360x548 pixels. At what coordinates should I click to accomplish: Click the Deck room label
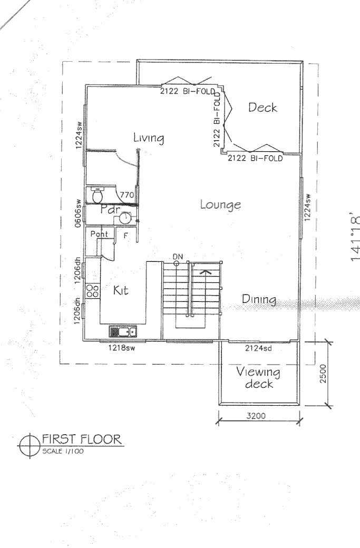point(262,107)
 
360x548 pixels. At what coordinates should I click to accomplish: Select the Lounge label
point(220,205)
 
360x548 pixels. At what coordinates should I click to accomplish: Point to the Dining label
point(259,299)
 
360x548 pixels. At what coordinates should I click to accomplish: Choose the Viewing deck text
point(258,378)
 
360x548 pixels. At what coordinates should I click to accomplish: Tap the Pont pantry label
point(99,234)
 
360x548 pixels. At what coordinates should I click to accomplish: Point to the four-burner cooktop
point(92,291)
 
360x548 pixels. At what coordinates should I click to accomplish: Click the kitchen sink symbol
point(123,331)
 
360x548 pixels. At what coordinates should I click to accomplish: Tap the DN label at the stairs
point(178,256)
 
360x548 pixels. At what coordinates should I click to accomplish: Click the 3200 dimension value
point(258,416)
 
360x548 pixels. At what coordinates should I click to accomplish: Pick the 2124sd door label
point(258,348)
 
